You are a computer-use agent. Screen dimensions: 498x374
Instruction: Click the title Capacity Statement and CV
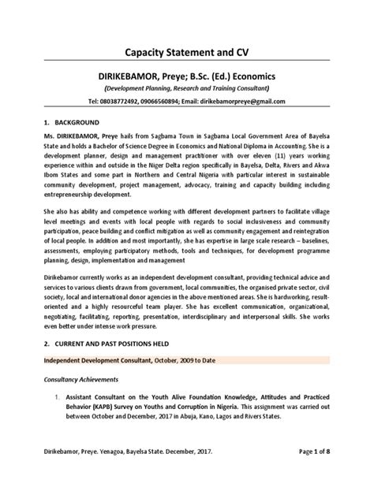pyautogui.click(x=186, y=52)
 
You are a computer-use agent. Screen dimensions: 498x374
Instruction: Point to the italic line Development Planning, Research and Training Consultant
pyautogui.click(x=186, y=88)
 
